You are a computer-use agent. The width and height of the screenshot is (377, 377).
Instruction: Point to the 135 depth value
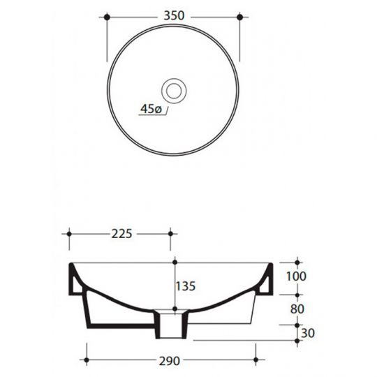click(x=186, y=286)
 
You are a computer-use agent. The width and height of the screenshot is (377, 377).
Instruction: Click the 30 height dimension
click(x=306, y=334)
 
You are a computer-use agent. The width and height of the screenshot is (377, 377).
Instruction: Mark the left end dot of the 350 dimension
click(x=107, y=15)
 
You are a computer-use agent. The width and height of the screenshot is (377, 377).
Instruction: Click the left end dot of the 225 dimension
click(x=68, y=234)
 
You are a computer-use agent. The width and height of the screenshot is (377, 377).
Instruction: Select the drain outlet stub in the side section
click(x=171, y=323)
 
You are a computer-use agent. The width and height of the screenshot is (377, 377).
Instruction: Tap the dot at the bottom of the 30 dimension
click(x=296, y=341)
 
